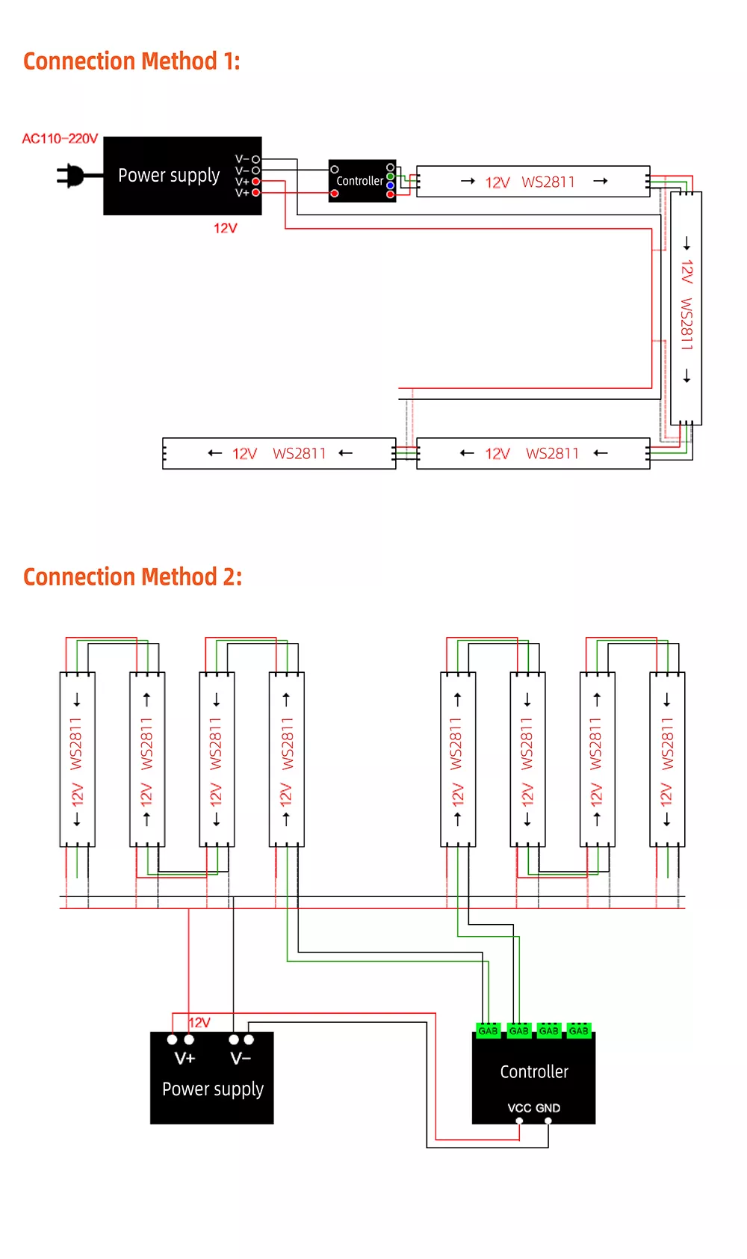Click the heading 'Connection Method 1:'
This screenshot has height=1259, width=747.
[x=131, y=61]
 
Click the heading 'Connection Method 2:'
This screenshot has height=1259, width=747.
[x=132, y=576]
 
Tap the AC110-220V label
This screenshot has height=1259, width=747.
[x=60, y=138]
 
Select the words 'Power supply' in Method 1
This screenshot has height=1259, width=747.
[x=169, y=176]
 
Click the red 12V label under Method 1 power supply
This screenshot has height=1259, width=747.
[x=226, y=228]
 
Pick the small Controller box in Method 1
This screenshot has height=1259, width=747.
[x=362, y=181]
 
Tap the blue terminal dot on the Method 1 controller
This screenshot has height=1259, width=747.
[x=391, y=185]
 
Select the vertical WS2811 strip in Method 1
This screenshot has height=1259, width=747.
[x=686, y=309]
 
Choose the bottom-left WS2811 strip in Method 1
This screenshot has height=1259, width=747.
[x=279, y=454]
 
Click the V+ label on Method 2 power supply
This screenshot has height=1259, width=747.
[x=185, y=1059]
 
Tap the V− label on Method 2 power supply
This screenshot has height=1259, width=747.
[x=241, y=1059]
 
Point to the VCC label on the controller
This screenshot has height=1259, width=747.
[x=519, y=1108]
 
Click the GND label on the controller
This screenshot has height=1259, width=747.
[x=548, y=1108]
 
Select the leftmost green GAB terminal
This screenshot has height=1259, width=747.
[x=488, y=1030]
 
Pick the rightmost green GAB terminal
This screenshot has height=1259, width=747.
[x=579, y=1030]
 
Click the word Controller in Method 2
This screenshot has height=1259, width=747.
[x=534, y=1072]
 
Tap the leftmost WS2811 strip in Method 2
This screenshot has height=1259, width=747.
[x=77, y=760]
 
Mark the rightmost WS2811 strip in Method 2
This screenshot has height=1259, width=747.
[x=667, y=760]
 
